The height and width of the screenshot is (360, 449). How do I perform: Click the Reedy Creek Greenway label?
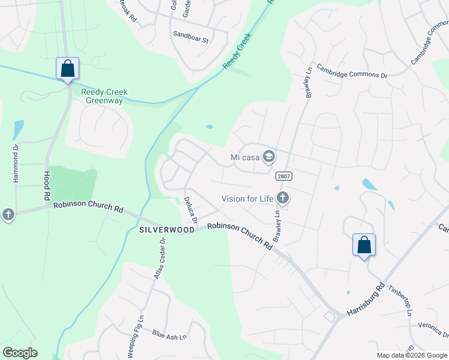(x=104, y=96)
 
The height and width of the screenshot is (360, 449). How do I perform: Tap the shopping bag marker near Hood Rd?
(x=67, y=68)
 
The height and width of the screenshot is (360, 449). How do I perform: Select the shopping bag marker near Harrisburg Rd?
(x=364, y=245)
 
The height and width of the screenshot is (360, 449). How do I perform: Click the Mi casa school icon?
(x=269, y=157)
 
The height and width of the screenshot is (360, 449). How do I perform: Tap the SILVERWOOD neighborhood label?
(x=167, y=230)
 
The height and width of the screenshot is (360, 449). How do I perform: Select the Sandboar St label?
(x=190, y=40)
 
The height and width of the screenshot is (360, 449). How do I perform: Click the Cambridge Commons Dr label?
(x=352, y=71)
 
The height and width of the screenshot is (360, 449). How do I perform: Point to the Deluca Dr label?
(x=191, y=209)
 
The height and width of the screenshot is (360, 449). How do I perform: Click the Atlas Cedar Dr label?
(x=158, y=259)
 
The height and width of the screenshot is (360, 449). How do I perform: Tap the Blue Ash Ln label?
(x=169, y=336)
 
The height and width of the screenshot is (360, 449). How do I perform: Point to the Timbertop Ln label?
(x=401, y=301)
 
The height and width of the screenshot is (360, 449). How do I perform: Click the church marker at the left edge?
(x=8, y=214)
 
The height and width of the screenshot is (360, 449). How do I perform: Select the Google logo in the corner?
(x=20, y=353)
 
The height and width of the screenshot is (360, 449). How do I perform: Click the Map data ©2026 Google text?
(x=412, y=355)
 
